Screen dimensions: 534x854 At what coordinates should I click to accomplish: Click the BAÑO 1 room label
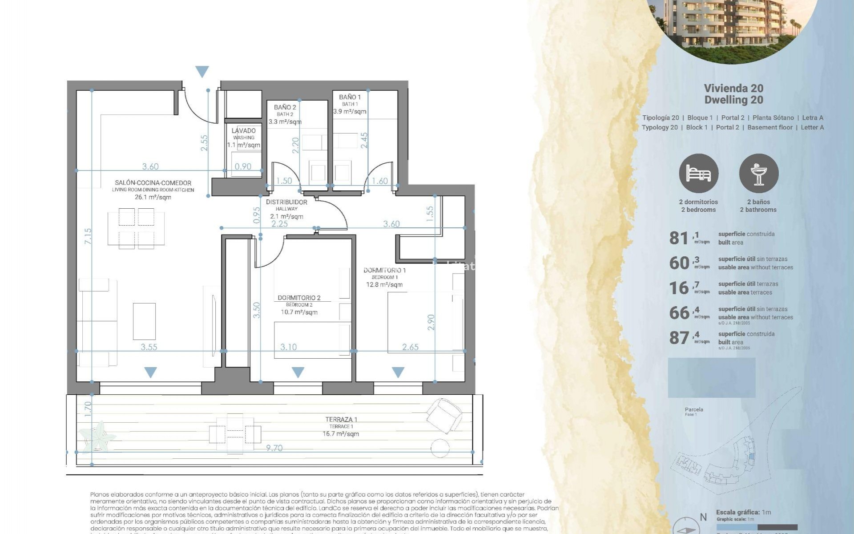click(x=350, y=97)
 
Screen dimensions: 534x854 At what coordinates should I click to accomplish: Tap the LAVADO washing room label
click(x=243, y=131)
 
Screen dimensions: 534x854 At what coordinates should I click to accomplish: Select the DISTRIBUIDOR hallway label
click(x=286, y=202)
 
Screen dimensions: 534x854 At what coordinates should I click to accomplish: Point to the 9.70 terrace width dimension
click(x=274, y=448)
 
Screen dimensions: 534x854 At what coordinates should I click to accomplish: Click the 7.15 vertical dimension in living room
click(x=88, y=236)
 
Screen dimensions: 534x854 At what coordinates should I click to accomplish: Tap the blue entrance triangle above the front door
click(x=202, y=71)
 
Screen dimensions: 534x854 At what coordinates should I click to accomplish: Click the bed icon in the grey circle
click(x=698, y=174)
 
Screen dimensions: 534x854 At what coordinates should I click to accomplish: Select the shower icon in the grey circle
click(x=758, y=174)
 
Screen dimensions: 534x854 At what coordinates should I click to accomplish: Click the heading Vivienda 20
click(x=733, y=88)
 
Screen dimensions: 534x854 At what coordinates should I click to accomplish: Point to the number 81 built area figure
click(x=679, y=238)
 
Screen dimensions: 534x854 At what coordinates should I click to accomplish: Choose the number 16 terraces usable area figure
click(x=679, y=288)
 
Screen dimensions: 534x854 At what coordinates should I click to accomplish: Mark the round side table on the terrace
click(x=440, y=448)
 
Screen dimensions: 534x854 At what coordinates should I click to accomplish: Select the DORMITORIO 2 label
click(x=299, y=298)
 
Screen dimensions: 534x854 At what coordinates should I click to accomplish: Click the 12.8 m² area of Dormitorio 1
click(x=384, y=285)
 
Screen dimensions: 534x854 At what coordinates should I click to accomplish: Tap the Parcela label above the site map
click(x=694, y=409)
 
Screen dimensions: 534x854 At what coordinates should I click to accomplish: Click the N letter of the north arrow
click(x=703, y=517)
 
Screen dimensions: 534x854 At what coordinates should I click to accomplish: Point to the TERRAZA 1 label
click(x=341, y=419)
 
